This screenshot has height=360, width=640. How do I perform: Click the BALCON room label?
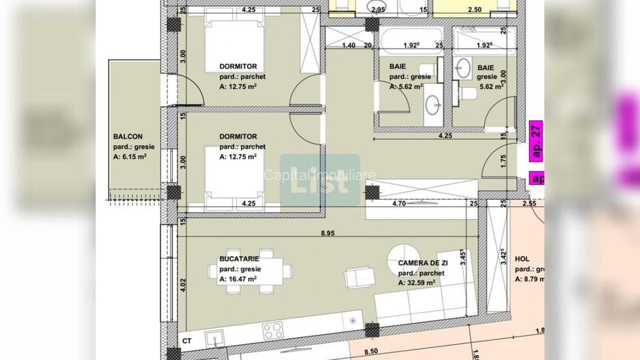coord(128,137)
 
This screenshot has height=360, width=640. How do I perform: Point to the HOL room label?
coord(522,260)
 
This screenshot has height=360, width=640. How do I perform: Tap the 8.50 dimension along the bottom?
coord(370,351)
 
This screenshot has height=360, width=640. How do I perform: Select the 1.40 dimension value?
coord(348,46)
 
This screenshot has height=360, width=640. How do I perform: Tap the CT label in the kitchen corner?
coord(187,341)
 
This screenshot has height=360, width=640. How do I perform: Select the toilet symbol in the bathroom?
coord(468,93)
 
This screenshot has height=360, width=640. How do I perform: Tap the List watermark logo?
coord(319,181)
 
